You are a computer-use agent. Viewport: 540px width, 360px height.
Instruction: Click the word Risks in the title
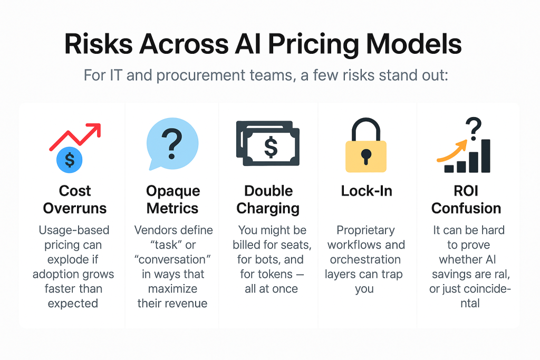pos(99,44)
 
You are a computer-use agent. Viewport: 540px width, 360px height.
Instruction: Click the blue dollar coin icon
pos(70,160)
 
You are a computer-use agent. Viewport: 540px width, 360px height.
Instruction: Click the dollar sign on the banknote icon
pos(271,147)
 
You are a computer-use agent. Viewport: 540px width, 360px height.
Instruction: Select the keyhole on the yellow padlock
pos(366,157)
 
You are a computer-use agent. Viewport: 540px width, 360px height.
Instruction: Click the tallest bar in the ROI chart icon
pos(486,156)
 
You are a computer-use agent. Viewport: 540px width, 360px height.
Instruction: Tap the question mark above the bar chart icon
pos(474,129)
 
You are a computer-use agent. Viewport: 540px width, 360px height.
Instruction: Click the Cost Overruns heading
pos(75,200)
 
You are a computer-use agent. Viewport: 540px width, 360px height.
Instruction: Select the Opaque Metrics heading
pos(172,200)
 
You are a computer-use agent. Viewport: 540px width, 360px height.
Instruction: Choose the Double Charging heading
pos(268,200)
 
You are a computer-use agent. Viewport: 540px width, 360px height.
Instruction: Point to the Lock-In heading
pos(367,191)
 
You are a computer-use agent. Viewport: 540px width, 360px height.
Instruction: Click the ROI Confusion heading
pos(466,200)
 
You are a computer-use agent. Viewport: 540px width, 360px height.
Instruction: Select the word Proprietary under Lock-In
pos(366,230)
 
